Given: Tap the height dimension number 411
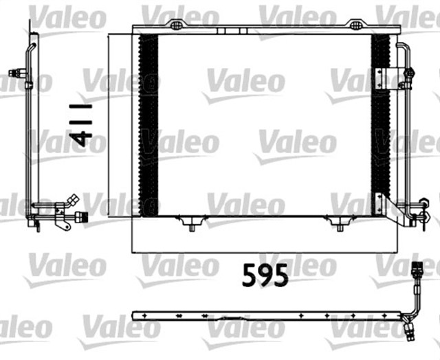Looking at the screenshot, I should (81, 126).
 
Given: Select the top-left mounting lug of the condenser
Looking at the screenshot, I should (177, 25).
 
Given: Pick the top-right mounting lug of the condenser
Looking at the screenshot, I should (355, 25).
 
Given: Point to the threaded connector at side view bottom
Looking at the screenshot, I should (80, 218).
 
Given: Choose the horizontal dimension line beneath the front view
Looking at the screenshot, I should (265, 252).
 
